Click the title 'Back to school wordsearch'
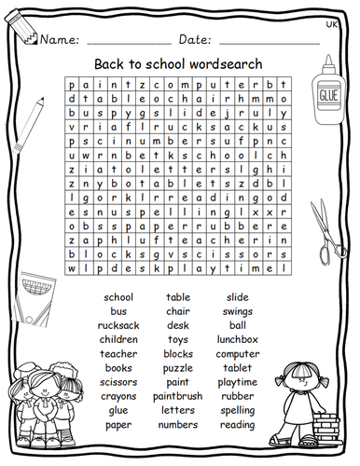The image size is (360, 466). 178,64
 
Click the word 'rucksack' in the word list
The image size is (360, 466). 118,325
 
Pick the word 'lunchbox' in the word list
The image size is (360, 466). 238,339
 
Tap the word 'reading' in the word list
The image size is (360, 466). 238,425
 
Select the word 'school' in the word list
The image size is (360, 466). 118,296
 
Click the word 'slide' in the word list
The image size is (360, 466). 238,296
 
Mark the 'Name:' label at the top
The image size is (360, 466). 58,40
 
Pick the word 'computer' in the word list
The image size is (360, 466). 238,353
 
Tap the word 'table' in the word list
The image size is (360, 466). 178,296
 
